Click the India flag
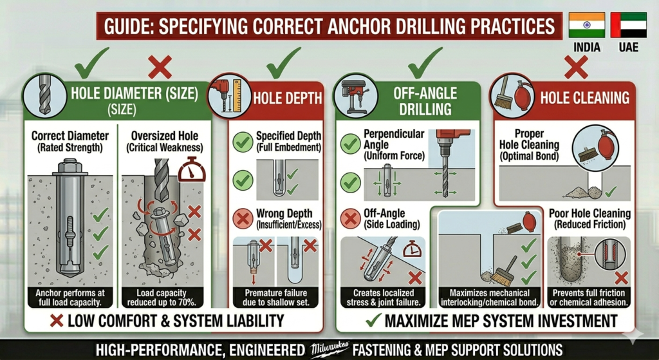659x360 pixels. (587, 25)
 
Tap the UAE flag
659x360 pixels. (629, 25)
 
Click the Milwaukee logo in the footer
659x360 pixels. (329, 349)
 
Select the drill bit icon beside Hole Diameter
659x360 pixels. (44, 95)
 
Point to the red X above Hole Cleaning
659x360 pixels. (576, 67)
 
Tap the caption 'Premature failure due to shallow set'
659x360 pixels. (275, 298)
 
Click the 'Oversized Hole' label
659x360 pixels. (164, 136)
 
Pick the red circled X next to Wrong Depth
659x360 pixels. (243, 219)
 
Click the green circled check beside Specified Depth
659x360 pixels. (243, 142)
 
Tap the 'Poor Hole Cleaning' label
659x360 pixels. (589, 214)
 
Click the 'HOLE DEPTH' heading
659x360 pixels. (288, 99)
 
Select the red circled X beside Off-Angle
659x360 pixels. (351, 219)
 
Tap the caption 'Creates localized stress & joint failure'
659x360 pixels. (384, 298)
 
